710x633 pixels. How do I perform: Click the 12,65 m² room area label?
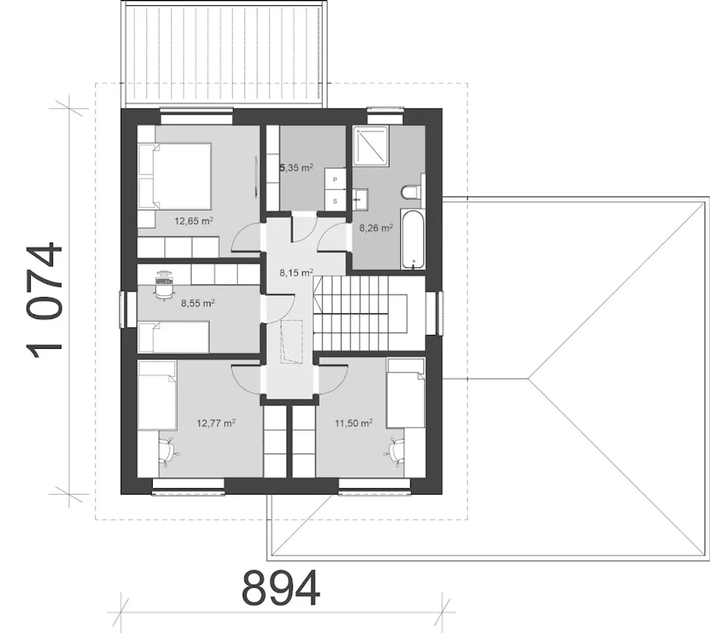[194, 221]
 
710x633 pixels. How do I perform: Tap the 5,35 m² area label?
[296, 168]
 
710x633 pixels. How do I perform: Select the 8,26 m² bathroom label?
[376, 228]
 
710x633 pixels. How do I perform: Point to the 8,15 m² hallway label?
[296, 272]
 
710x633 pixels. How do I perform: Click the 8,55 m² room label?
[197, 303]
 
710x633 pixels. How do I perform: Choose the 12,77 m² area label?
[216, 423]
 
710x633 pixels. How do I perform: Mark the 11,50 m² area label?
[353, 423]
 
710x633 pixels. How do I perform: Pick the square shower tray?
[371, 145]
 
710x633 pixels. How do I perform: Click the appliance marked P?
[335, 180]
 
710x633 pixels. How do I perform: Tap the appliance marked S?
[335, 201]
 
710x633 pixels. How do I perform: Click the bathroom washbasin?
[360, 200]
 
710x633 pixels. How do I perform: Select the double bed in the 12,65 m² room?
[175, 176]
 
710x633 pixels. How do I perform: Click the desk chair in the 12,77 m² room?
[169, 452]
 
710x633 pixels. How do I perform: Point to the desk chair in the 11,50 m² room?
[395, 452]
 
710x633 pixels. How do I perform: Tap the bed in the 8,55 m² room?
[174, 337]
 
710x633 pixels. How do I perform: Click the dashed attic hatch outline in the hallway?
[291, 341]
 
